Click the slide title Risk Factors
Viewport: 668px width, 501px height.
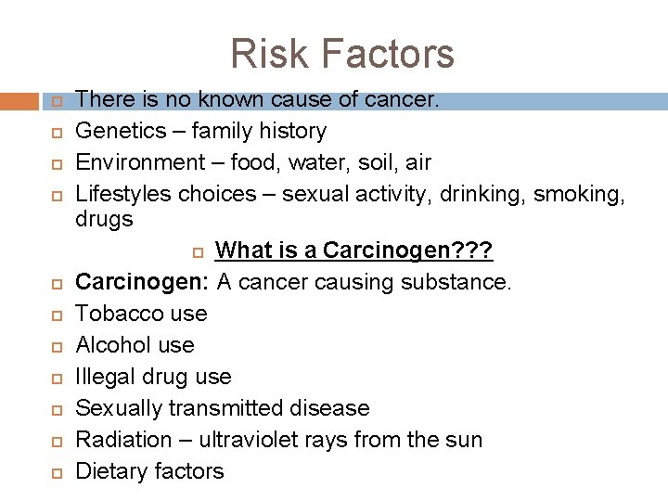(342, 53)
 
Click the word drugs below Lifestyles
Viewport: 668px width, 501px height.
(104, 220)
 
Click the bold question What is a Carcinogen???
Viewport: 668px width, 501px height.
(353, 250)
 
